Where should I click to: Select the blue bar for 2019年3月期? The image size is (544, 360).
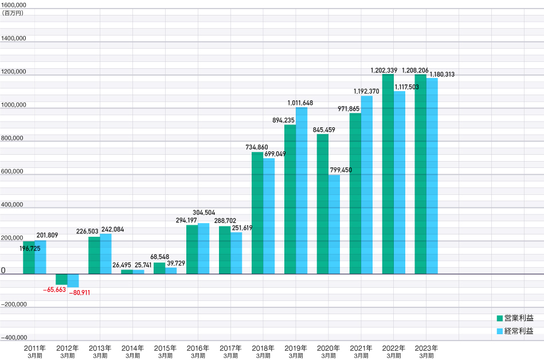302,190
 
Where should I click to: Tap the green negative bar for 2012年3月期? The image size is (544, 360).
61,279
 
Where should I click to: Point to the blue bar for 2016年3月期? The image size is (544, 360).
203,248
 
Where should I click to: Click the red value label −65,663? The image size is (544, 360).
54,290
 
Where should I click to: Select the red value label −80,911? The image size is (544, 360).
80,293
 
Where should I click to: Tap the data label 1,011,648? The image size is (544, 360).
301,103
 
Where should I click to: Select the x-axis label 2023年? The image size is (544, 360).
426,348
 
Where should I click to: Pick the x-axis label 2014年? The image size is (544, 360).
132,348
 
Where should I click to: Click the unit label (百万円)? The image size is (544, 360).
14,13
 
